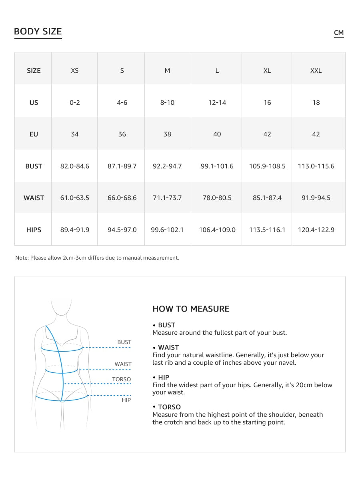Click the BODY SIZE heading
pyautogui.click(x=38, y=32)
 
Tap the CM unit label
pyautogui.click(x=339, y=33)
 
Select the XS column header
pyautogui.click(x=75, y=71)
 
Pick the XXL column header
pyautogui.click(x=316, y=71)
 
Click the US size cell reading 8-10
pyautogui.click(x=167, y=103)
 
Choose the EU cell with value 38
pyautogui.click(x=167, y=134)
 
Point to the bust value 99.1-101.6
pyautogui.click(x=217, y=166)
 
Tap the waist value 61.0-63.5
pyautogui.click(x=75, y=198)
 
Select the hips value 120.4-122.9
pyautogui.click(x=316, y=230)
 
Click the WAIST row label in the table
pyautogui.click(x=34, y=198)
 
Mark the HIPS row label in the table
pyautogui.click(x=34, y=230)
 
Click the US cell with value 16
pyautogui.click(x=267, y=103)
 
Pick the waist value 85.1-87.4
pyautogui.click(x=267, y=198)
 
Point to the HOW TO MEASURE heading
pyautogui.click(x=191, y=309)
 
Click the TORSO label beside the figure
pyautogui.click(x=121, y=379)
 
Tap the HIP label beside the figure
pyautogui.click(x=126, y=400)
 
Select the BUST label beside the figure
pyautogui.click(x=124, y=342)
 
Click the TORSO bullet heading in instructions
pyautogui.click(x=169, y=407)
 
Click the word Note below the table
pyautogui.click(x=22, y=258)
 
